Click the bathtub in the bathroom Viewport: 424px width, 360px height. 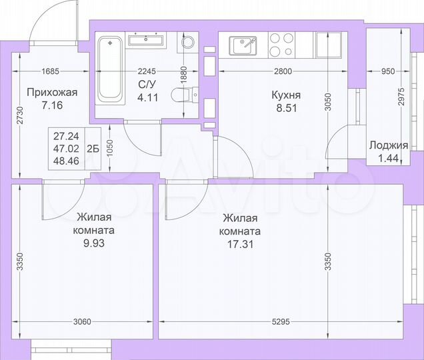point(109,69)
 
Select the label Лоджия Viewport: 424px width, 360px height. point(389,145)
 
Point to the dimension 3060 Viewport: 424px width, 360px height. point(80,323)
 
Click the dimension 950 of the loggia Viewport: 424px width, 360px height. point(389,71)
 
